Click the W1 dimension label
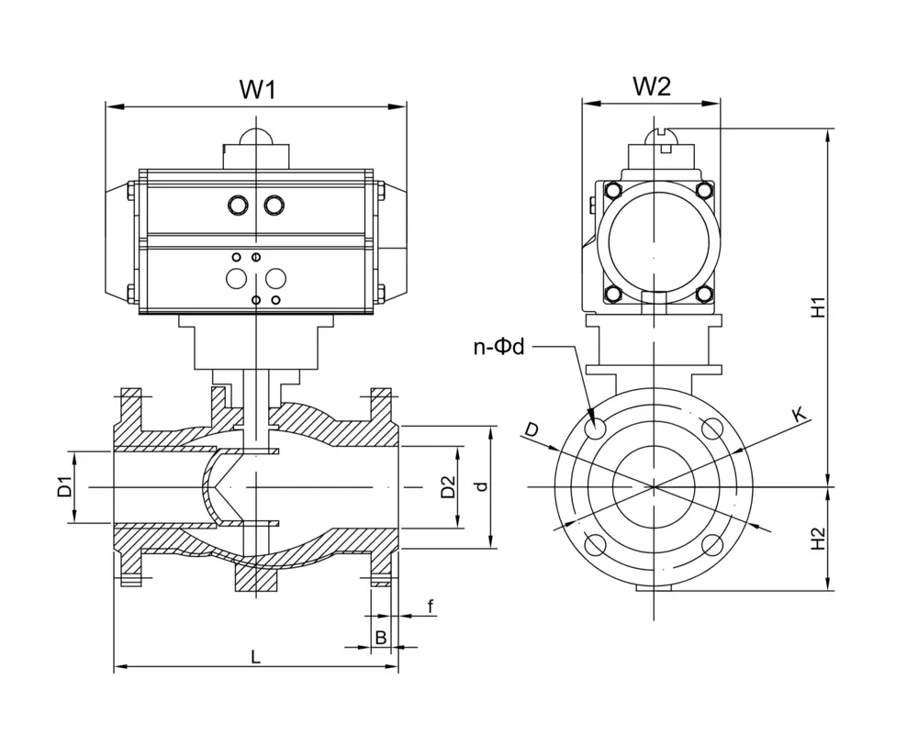tap(257, 90)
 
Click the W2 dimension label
tap(652, 87)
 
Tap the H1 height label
tap(818, 307)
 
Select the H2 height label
tap(818, 539)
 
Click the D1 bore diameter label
tap(64, 487)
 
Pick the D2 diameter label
tap(448, 487)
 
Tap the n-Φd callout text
tap(498, 348)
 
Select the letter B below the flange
tap(381, 637)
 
